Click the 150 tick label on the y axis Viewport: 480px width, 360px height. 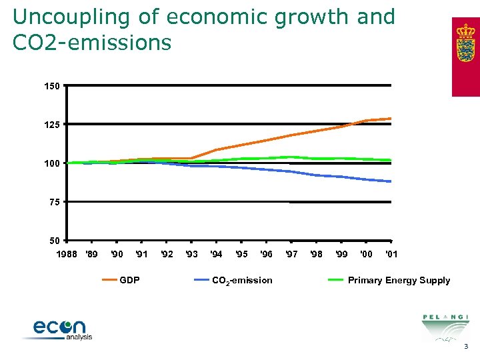pyautogui.click(x=53, y=86)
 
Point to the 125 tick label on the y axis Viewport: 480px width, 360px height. pyautogui.click(x=53, y=125)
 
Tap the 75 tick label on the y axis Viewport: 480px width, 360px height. pyautogui.click(x=55, y=202)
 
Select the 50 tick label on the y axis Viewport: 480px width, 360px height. pyautogui.click(x=55, y=240)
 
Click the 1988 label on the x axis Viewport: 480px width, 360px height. pyautogui.click(x=65, y=254)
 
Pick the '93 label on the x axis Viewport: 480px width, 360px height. pyautogui.click(x=191, y=254)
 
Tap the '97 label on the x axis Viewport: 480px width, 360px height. pyautogui.click(x=291, y=254)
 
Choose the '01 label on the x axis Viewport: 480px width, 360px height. pyautogui.click(x=392, y=254)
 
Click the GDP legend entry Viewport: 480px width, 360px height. pyautogui.click(x=129, y=280)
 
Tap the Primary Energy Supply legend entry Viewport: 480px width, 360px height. pyautogui.click(x=399, y=280)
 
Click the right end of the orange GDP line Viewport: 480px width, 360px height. pyautogui.click(x=391, y=119)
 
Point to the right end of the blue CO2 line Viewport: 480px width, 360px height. pyautogui.click(x=391, y=181)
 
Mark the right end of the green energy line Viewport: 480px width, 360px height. pyautogui.click(x=391, y=160)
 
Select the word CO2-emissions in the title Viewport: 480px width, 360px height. pyautogui.click(x=92, y=43)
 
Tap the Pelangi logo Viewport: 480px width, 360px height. pyautogui.click(x=445, y=327)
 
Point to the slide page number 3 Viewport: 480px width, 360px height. pyautogui.click(x=467, y=347)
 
